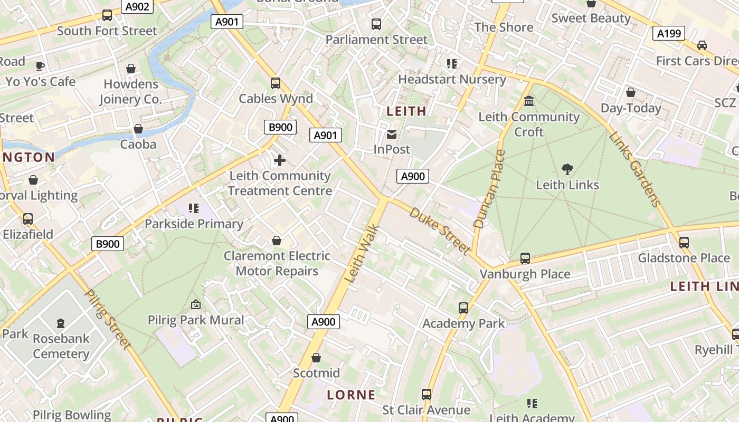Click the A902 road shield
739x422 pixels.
pos(137,6)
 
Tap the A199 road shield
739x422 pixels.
pos(669,34)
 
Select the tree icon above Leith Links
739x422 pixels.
pos(567,169)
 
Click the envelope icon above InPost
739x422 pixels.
pos(392,135)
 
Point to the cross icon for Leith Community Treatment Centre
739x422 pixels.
pos(280,160)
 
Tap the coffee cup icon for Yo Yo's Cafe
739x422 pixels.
pos(40,66)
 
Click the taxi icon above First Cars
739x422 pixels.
pos(702,45)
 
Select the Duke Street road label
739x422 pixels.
pos(440,231)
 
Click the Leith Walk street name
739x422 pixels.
pos(362,253)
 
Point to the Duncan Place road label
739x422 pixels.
pos(489,189)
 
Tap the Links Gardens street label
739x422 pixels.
pos(635,169)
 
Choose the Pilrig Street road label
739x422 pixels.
pos(108,320)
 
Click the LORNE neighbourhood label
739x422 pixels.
pos(351,395)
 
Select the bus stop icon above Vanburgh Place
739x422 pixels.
pos(525,258)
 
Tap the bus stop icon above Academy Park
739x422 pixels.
pos(463,308)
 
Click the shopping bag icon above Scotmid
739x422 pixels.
pos(316,358)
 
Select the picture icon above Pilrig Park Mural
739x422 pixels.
pos(196,304)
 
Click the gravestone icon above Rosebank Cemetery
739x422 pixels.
pos(61,323)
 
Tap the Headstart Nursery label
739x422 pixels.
pos(452,79)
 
